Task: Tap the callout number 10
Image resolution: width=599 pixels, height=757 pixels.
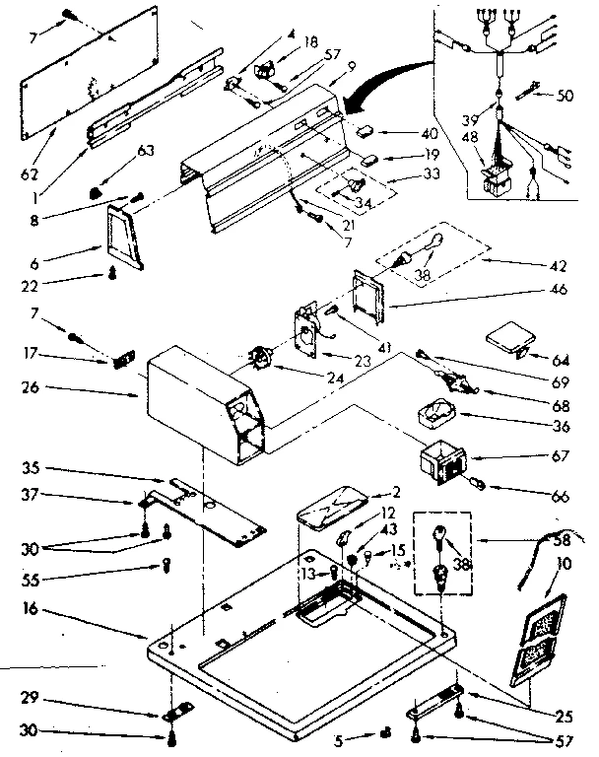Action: [x=563, y=562]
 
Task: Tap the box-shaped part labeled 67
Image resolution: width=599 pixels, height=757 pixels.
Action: [x=440, y=461]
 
